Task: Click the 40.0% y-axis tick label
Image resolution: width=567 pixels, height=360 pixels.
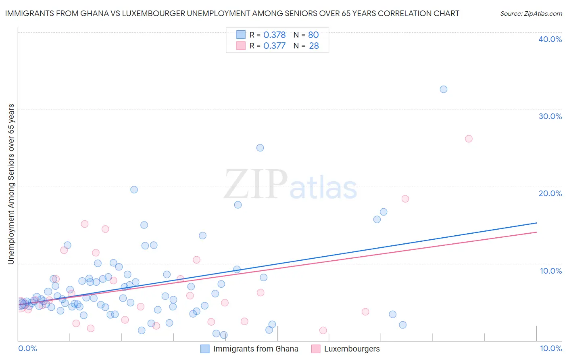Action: (550, 39)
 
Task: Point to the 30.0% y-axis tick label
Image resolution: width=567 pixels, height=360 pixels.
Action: (550, 116)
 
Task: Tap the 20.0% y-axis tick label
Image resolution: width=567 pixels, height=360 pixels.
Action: (550, 193)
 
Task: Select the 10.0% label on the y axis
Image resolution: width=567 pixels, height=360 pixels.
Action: (551, 271)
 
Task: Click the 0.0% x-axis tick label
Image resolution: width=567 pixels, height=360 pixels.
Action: (27, 348)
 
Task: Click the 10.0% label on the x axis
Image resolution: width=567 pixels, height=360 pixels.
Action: (550, 348)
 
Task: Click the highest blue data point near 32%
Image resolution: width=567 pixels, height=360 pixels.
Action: (444, 89)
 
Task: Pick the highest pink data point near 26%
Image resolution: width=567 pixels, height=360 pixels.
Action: (469, 139)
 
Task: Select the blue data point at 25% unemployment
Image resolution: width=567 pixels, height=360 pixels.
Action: (260, 148)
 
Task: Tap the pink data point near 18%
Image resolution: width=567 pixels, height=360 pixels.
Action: (405, 199)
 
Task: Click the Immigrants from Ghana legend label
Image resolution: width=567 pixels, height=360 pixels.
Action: (256, 349)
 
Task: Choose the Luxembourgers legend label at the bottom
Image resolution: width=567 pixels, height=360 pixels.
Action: (352, 349)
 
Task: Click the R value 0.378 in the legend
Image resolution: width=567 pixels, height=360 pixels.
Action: (274, 35)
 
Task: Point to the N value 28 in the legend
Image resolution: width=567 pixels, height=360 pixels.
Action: (314, 46)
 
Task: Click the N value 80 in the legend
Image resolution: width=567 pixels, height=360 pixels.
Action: (313, 35)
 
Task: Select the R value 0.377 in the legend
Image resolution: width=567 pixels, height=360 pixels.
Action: (274, 46)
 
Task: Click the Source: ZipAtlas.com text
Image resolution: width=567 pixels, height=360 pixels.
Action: (531, 14)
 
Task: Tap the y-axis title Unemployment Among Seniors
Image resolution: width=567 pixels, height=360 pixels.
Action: (11, 184)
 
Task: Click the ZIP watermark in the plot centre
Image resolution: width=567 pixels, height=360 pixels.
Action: (256, 184)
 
